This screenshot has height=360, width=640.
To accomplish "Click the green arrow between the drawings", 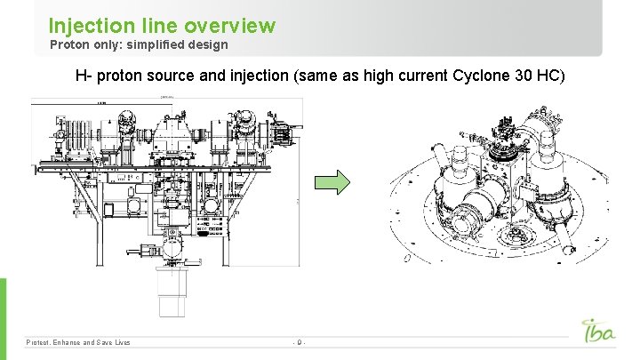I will pyautogui.click(x=333, y=183).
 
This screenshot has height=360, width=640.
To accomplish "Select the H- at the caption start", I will pyautogui.click(x=84, y=76).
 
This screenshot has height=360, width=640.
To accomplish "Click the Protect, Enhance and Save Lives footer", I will pyautogui.click(x=78, y=342).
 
